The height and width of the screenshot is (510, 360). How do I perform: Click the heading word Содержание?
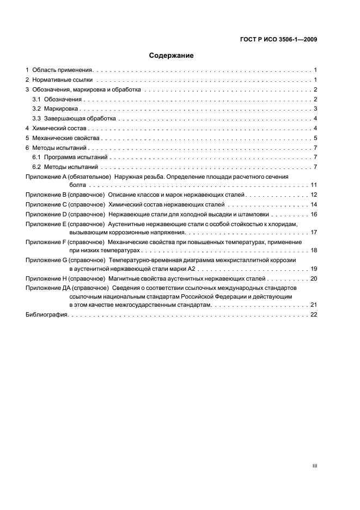172,56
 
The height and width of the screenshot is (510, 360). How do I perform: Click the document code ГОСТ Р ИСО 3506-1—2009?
278,39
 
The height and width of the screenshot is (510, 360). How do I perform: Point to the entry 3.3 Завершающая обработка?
74,118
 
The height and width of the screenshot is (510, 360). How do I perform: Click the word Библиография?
46,315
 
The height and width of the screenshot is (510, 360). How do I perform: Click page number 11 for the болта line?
314,185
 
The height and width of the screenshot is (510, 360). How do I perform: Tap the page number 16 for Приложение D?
314,214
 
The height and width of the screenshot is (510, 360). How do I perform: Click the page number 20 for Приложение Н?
314,278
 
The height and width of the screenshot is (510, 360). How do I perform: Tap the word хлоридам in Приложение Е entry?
282,224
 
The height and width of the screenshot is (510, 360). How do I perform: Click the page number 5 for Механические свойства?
315,138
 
